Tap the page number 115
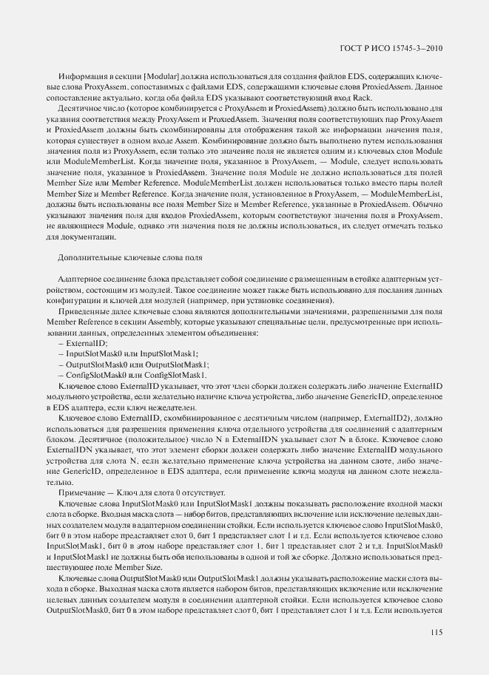(x=435, y=632)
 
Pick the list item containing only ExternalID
(x=83, y=343)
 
